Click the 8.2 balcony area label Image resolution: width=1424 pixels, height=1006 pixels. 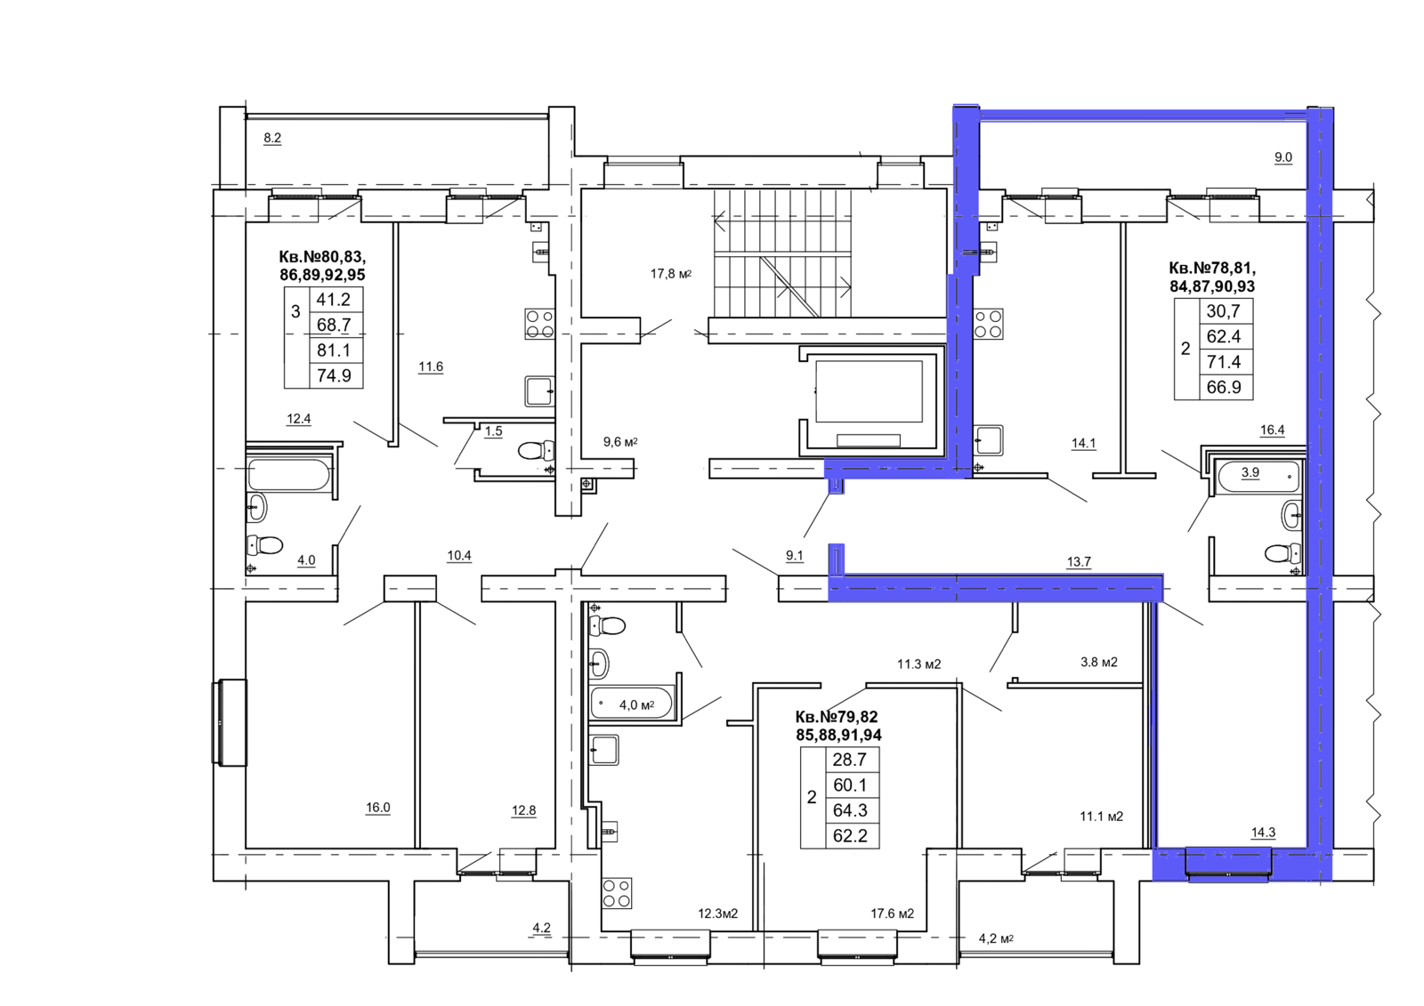(x=272, y=138)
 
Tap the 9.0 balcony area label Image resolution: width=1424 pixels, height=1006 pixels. (x=1282, y=157)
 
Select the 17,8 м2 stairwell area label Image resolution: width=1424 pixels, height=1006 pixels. (x=671, y=274)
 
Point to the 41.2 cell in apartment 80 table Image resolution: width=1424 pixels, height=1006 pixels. (x=334, y=300)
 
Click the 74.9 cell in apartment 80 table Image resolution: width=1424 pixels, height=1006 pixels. (x=334, y=375)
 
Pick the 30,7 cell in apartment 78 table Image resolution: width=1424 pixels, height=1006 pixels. (x=1224, y=310)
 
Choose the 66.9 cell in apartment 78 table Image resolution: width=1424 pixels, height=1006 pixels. (x=1224, y=387)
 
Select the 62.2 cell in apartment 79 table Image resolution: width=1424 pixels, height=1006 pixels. (x=850, y=836)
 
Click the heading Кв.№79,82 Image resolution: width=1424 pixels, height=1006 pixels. (x=837, y=717)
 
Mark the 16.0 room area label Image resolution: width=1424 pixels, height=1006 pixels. (x=377, y=808)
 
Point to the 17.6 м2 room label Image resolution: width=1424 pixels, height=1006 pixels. (x=893, y=913)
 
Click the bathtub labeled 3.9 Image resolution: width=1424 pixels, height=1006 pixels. (x=1258, y=476)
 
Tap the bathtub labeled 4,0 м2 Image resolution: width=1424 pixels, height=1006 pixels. (x=631, y=704)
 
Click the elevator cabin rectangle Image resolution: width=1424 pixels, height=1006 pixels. (x=869, y=391)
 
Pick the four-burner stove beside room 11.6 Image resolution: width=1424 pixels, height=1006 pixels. (x=539, y=324)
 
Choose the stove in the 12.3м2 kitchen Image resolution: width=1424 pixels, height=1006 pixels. (x=617, y=893)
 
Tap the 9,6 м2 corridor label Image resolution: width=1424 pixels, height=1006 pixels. (x=620, y=442)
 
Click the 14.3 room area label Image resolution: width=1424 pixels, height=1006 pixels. (x=1263, y=833)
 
